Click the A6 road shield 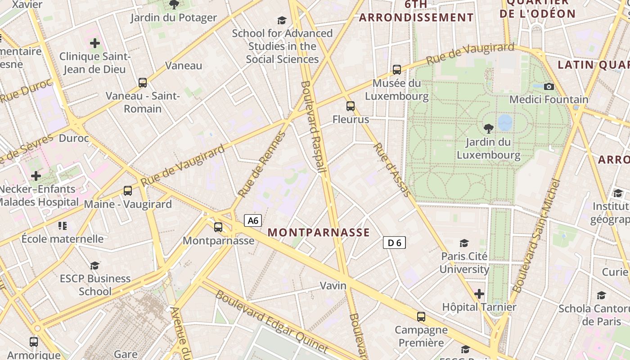pyautogui.click(x=253, y=220)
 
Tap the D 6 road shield pyautogui.click(x=394, y=243)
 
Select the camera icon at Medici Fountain pyautogui.click(x=549, y=86)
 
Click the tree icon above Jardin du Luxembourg pyautogui.click(x=488, y=129)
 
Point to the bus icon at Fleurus pyautogui.click(x=351, y=106)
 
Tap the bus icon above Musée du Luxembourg pyautogui.click(x=396, y=70)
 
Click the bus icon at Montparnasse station pyautogui.click(x=218, y=227)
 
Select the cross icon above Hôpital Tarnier pyautogui.click(x=479, y=294)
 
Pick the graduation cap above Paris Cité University pyautogui.click(x=464, y=243)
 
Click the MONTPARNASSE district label pyautogui.click(x=319, y=233)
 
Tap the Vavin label pyautogui.click(x=333, y=285)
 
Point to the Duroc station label pyautogui.click(x=74, y=138)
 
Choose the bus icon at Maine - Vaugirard pyautogui.click(x=128, y=191)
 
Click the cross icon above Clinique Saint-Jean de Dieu pyautogui.click(x=95, y=43)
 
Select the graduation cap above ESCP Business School pyautogui.click(x=94, y=265)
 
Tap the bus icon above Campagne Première pyautogui.click(x=421, y=316)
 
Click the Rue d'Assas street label pyautogui.click(x=392, y=170)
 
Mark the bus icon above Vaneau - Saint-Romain pyautogui.click(x=143, y=83)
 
